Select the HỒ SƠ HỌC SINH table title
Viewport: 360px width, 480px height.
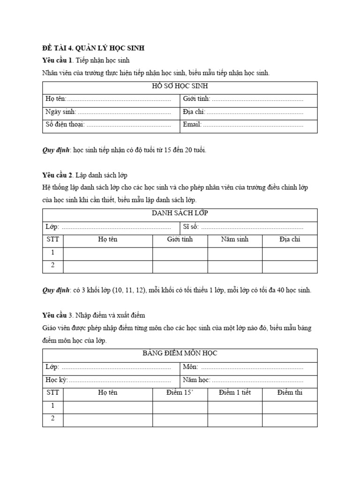tap(180, 87)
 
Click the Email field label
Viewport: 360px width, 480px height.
tap(192, 125)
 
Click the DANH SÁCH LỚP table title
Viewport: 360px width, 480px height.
tap(180, 213)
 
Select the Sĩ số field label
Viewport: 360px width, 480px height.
tap(191, 226)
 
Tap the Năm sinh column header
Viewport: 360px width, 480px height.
tap(234, 240)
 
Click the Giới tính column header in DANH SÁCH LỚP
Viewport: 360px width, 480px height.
tap(180, 240)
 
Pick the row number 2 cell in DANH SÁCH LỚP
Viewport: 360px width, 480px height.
tap(53, 265)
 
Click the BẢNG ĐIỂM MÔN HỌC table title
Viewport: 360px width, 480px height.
tap(180, 353)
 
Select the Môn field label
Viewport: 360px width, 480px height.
tap(190, 367)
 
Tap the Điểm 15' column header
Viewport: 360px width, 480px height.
tap(180, 393)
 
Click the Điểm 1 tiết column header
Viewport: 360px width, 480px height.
tap(235, 393)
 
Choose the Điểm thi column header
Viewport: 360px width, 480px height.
tap(290, 393)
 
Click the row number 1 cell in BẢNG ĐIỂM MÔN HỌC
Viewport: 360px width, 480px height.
tap(53, 406)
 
